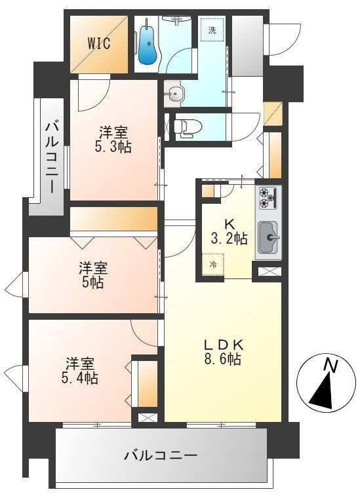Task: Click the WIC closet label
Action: [99, 44]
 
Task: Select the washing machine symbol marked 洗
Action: [212, 30]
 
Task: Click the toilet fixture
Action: [185, 124]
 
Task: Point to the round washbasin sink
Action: [174, 94]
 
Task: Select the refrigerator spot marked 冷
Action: [213, 265]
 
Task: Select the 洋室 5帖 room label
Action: [94, 275]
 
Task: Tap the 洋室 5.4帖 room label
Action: [81, 370]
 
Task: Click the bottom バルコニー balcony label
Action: [161, 454]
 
